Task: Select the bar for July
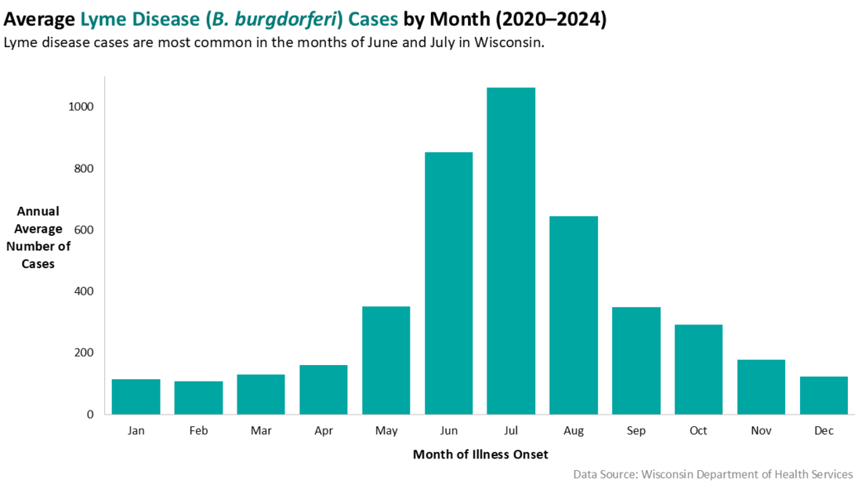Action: (x=511, y=251)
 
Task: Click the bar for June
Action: (x=448, y=283)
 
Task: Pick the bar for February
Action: (x=198, y=397)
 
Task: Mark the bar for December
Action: (x=824, y=395)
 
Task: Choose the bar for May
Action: (x=386, y=360)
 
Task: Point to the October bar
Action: (x=698, y=369)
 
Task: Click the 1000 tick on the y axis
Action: (x=81, y=107)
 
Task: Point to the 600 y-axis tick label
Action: (x=84, y=230)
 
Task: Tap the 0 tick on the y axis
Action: (x=90, y=414)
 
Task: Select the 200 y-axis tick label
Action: (x=84, y=353)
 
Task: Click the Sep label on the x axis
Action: (x=636, y=431)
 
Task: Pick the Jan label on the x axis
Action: (x=136, y=431)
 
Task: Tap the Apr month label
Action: (x=323, y=431)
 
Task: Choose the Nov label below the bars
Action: (x=761, y=431)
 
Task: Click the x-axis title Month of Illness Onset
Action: (x=480, y=454)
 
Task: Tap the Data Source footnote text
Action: (x=712, y=474)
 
